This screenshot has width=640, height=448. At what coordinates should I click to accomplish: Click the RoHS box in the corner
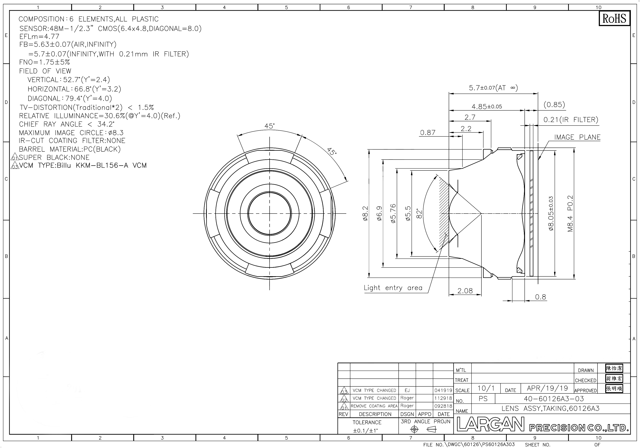pos(614,18)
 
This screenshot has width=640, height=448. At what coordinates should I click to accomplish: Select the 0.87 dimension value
pos(428,133)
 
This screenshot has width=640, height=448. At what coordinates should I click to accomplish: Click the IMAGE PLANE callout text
pos(577,137)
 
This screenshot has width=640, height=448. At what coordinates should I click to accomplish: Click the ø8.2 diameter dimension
pos(365,214)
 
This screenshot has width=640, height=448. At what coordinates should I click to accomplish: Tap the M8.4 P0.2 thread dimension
pos(570,214)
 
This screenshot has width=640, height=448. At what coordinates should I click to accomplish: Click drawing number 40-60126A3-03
pos(554,399)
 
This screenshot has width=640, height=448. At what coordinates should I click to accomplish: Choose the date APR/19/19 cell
pos(547,388)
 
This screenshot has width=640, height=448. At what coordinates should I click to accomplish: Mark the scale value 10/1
pos(486,388)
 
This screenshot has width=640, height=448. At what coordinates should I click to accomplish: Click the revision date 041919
pos(443,390)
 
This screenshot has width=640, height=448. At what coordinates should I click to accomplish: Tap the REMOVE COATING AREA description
pos(374,406)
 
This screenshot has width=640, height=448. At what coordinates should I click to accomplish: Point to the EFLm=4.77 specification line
pos(39,37)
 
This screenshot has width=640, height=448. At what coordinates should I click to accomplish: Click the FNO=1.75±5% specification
pos(44,62)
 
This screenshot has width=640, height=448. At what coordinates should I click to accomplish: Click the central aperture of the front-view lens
pos(270,214)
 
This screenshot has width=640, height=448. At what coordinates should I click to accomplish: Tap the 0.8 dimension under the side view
pos(541,297)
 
